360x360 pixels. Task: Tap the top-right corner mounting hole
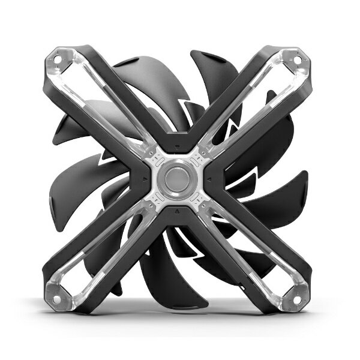point(299,58)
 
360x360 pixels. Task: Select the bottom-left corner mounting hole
point(59,298)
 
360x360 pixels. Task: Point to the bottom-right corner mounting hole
point(298,298)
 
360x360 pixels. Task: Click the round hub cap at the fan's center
point(178,178)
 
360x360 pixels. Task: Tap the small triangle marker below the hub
point(178,212)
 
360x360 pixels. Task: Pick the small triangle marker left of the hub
point(145,179)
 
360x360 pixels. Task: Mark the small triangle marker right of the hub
point(211,179)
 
